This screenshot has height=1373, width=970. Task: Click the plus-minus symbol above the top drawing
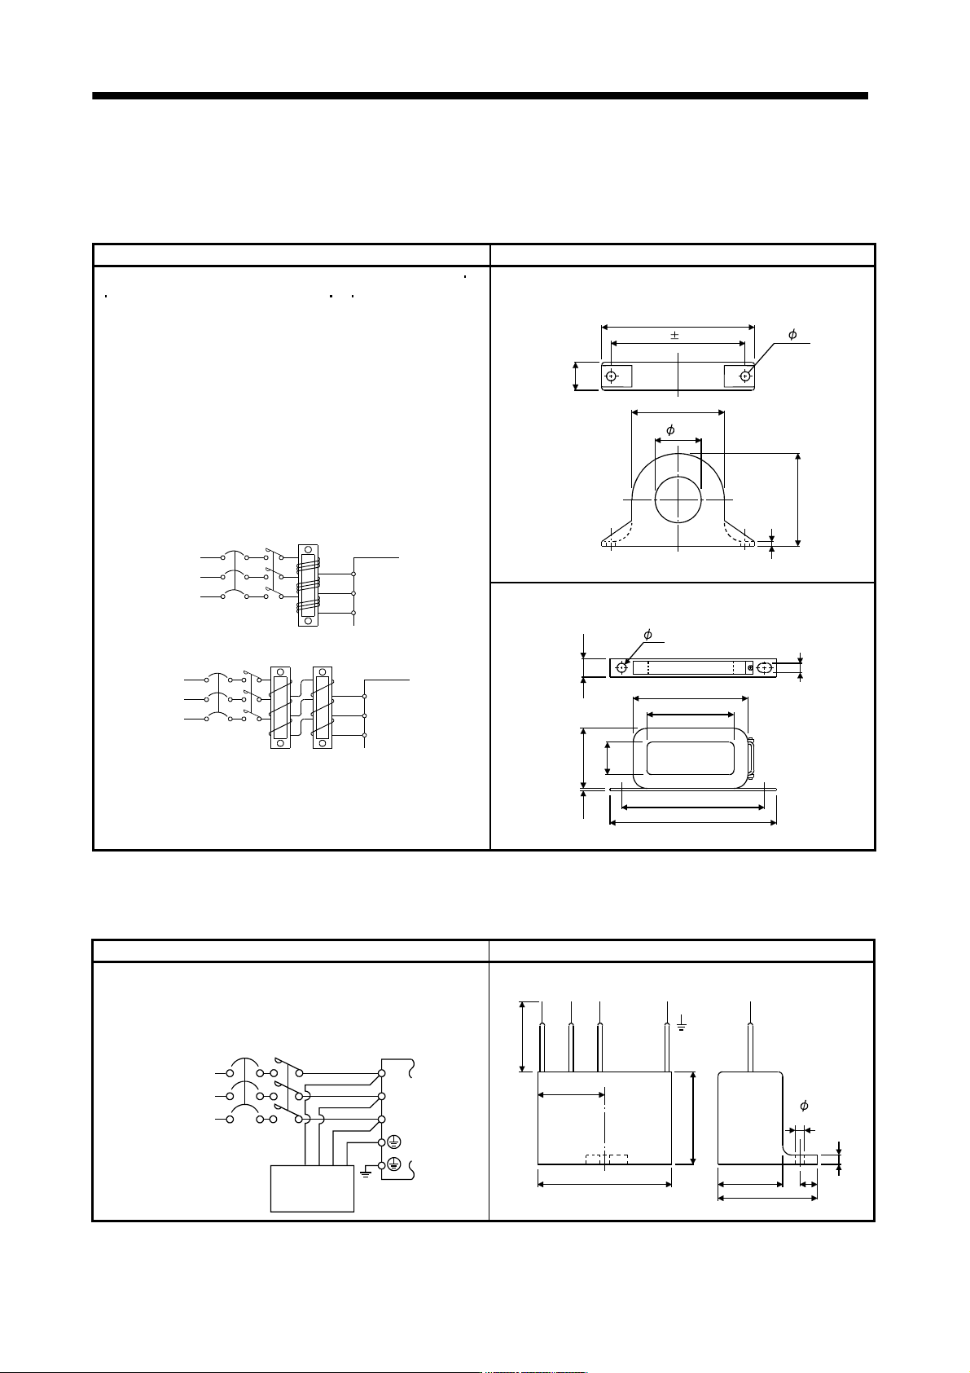click(674, 335)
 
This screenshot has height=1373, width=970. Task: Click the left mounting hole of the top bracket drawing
click(611, 376)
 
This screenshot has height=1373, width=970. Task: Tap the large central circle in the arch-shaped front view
click(678, 499)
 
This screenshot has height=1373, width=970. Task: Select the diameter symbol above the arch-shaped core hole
click(670, 429)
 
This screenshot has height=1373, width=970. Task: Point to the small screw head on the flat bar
click(750, 667)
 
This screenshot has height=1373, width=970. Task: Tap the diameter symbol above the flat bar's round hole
click(647, 635)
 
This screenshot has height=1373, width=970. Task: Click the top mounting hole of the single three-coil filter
click(308, 549)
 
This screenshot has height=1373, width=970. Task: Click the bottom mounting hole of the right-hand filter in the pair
click(323, 743)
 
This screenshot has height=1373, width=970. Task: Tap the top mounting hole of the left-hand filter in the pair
click(280, 672)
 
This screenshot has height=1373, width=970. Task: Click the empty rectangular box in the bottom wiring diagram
click(313, 1189)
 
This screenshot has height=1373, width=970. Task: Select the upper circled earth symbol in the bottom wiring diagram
click(394, 1142)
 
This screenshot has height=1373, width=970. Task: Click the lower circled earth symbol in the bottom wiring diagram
click(394, 1164)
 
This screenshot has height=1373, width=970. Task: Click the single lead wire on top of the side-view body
click(751, 1036)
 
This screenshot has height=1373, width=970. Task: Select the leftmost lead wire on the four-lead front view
click(542, 1036)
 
